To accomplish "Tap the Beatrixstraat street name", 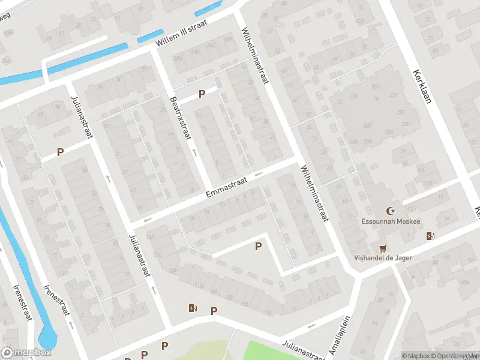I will point(180,119).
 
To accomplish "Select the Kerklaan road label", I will point(422,86).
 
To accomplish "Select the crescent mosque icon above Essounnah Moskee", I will point(392,210).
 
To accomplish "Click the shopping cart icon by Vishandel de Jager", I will point(383,248).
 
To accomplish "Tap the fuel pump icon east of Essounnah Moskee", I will point(430,236).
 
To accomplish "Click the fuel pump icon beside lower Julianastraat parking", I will point(192,308).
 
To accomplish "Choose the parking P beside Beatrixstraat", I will point(202,94).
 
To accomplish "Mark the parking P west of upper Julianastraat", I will point(60,152).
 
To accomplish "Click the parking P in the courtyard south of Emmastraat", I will point(259,246).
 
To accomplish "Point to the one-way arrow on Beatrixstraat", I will point(194,152).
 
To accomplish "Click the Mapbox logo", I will point(26,353).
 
